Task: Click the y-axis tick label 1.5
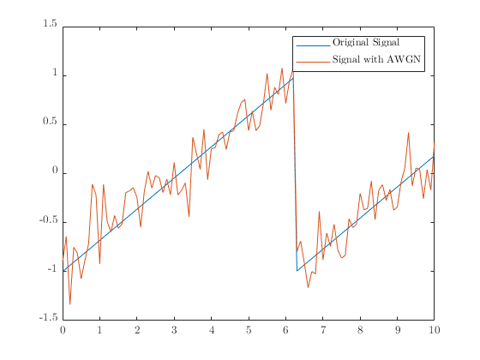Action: point(48,26)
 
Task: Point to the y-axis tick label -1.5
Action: point(47,320)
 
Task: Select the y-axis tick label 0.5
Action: point(48,123)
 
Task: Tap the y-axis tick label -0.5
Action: point(47,222)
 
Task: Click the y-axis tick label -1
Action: point(51,271)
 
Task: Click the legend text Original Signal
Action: point(366,43)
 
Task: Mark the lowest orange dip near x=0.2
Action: point(70,304)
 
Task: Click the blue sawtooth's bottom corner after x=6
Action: point(297,271)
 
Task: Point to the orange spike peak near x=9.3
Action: point(409,132)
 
